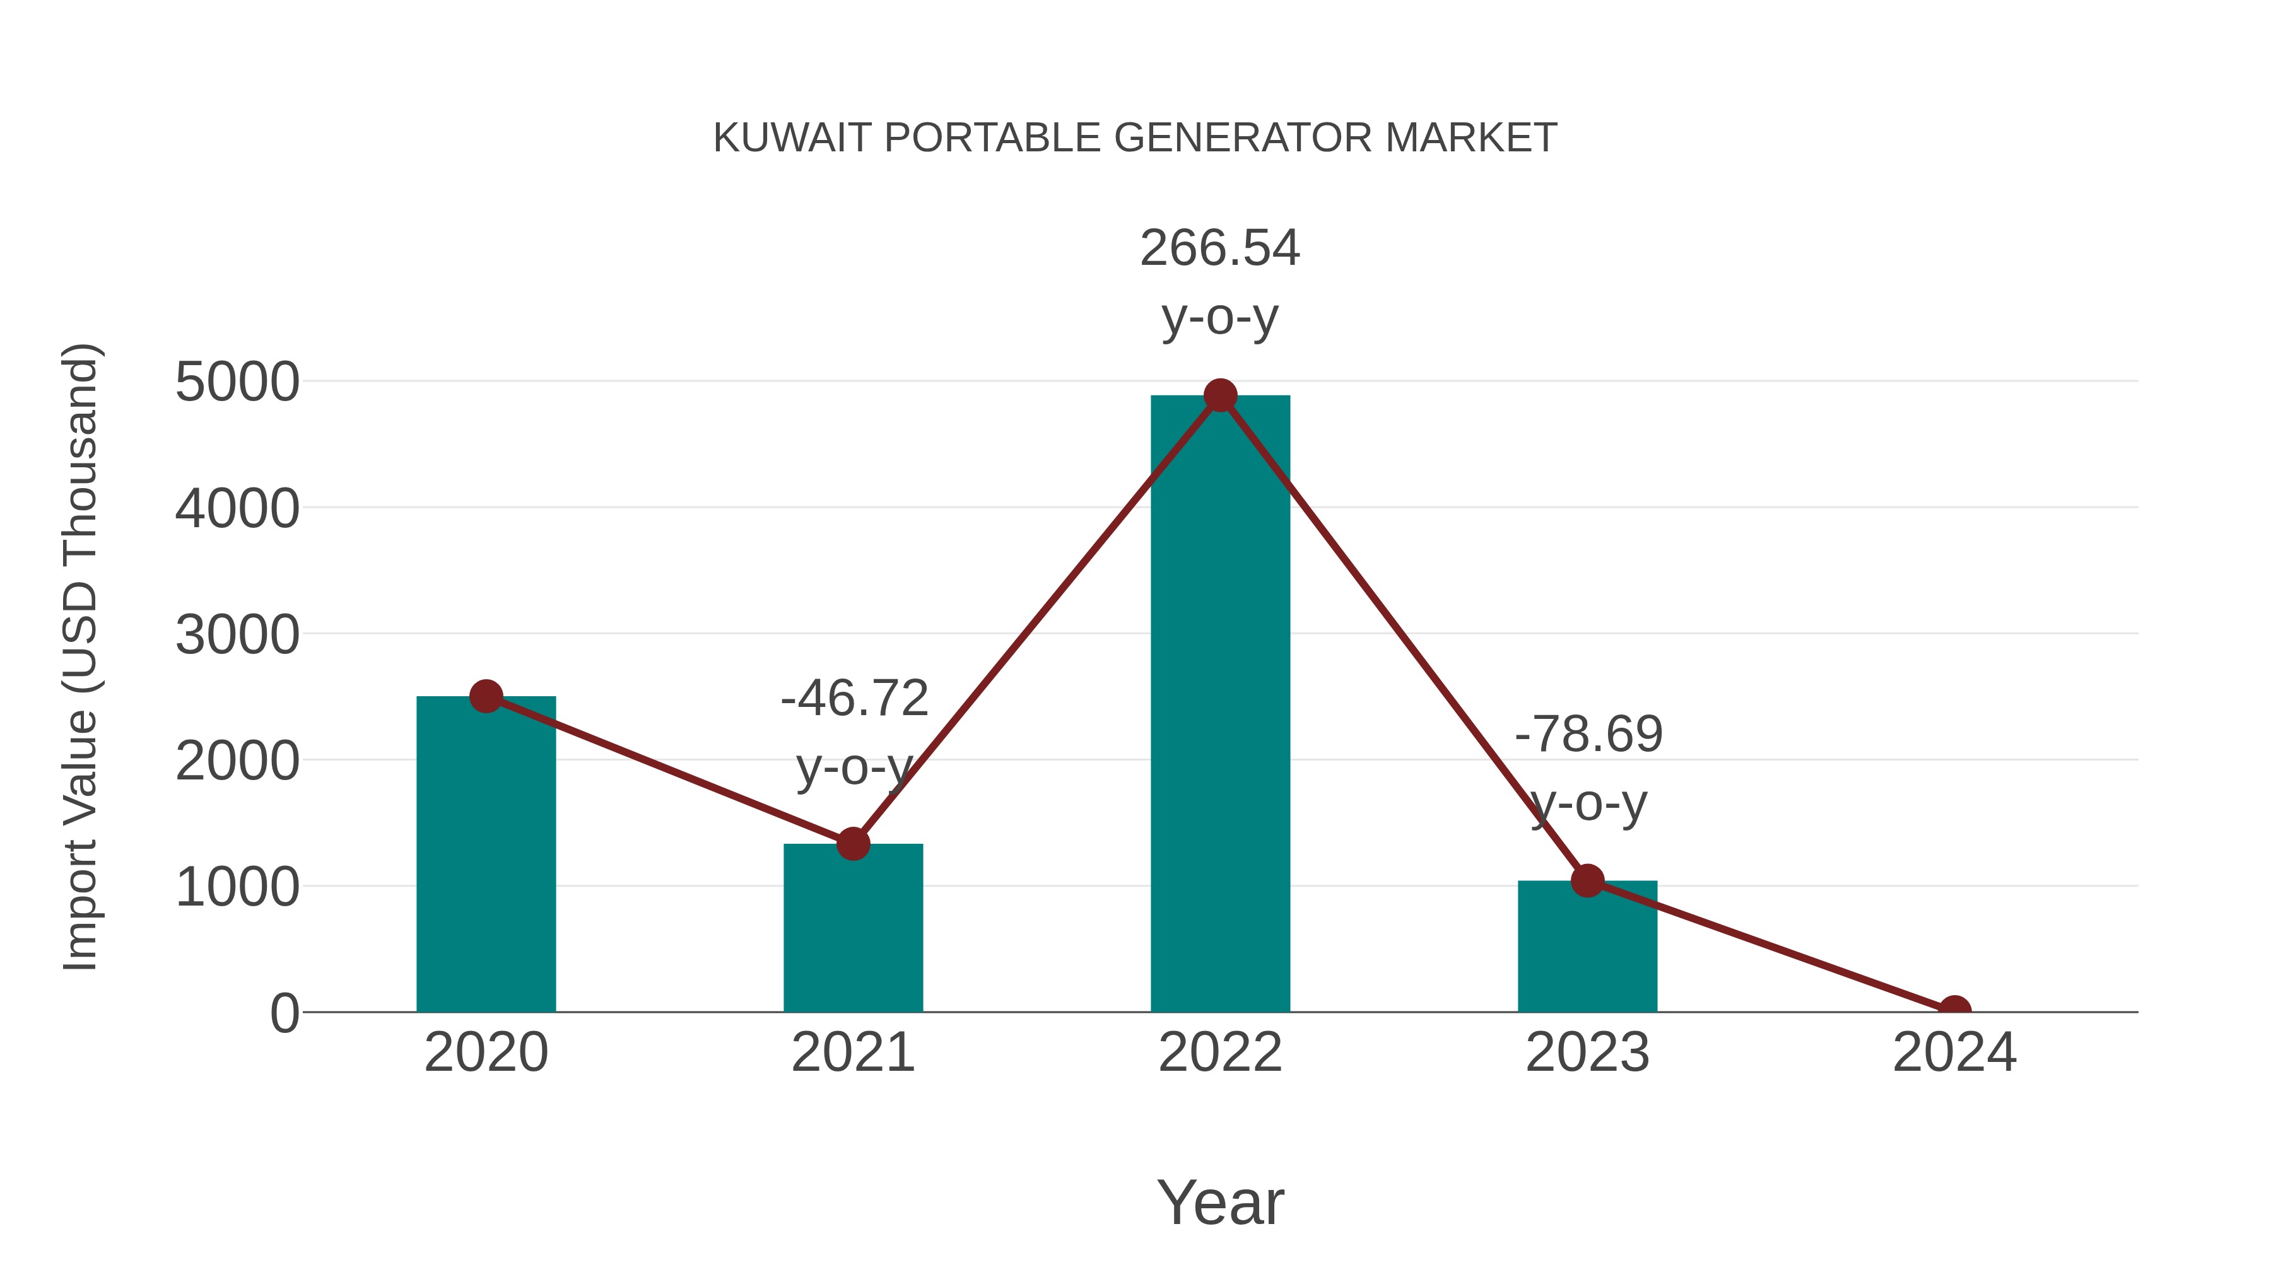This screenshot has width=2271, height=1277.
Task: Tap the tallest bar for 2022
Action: pos(1220,705)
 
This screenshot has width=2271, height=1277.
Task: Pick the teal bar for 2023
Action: pos(1587,952)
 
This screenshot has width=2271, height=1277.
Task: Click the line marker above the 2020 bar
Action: pos(486,696)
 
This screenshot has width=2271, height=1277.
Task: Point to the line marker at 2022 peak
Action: pos(1220,395)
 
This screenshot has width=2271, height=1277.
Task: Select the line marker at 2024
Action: pos(1954,1010)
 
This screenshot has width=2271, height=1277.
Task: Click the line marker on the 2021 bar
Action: pos(852,843)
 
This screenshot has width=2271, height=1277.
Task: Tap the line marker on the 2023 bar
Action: pos(1587,880)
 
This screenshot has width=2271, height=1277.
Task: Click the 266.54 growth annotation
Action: pos(1220,248)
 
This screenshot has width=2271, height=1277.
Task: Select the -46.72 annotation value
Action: pos(854,698)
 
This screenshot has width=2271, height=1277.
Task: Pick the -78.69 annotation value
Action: pos(1588,734)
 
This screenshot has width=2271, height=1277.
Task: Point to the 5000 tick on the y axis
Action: pos(237,383)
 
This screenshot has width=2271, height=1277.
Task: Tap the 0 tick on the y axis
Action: pos(285,1013)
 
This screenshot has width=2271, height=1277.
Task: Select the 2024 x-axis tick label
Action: pos(1954,1053)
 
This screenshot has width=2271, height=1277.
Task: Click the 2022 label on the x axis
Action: pos(1220,1053)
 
